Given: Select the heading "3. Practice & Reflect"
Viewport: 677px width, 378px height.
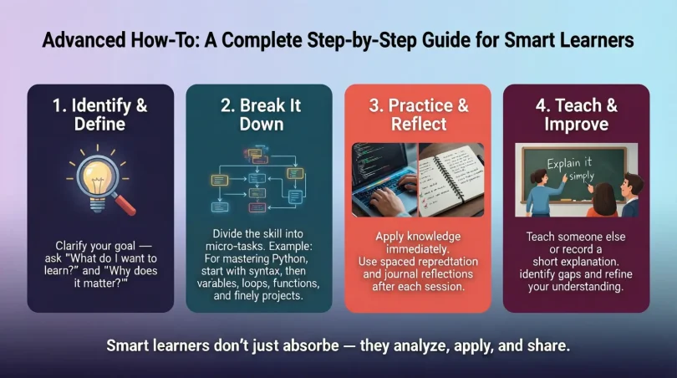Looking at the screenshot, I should point(417,115).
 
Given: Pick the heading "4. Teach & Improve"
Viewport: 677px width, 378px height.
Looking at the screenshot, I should point(576,115).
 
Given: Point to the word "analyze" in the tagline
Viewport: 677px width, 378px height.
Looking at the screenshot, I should point(407,345).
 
